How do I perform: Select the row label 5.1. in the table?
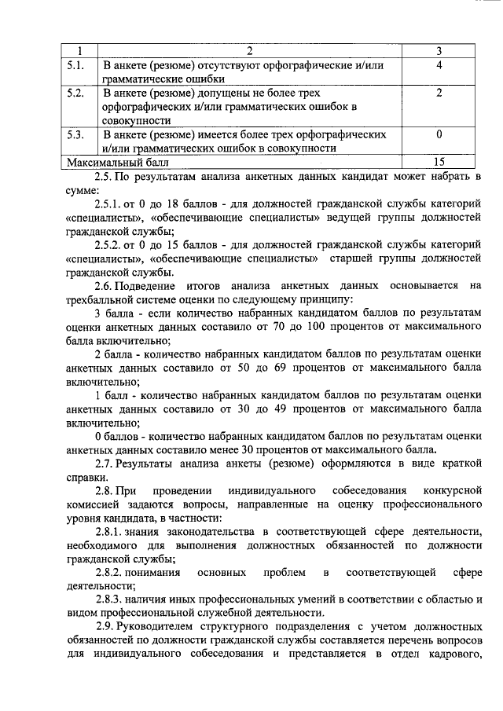[x=76, y=65]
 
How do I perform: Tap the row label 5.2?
[x=76, y=93]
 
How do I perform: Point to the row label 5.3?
[x=76, y=134]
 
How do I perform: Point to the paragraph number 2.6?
[x=105, y=286]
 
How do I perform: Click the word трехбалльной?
[x=101, y=300]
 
